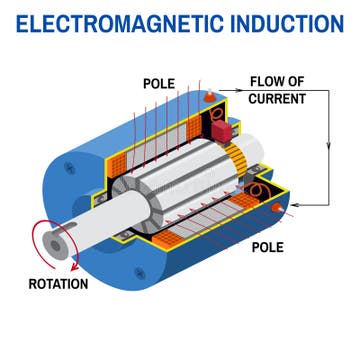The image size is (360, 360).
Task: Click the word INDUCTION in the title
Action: click(281, 22)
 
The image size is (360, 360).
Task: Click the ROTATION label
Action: click(57, 283)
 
